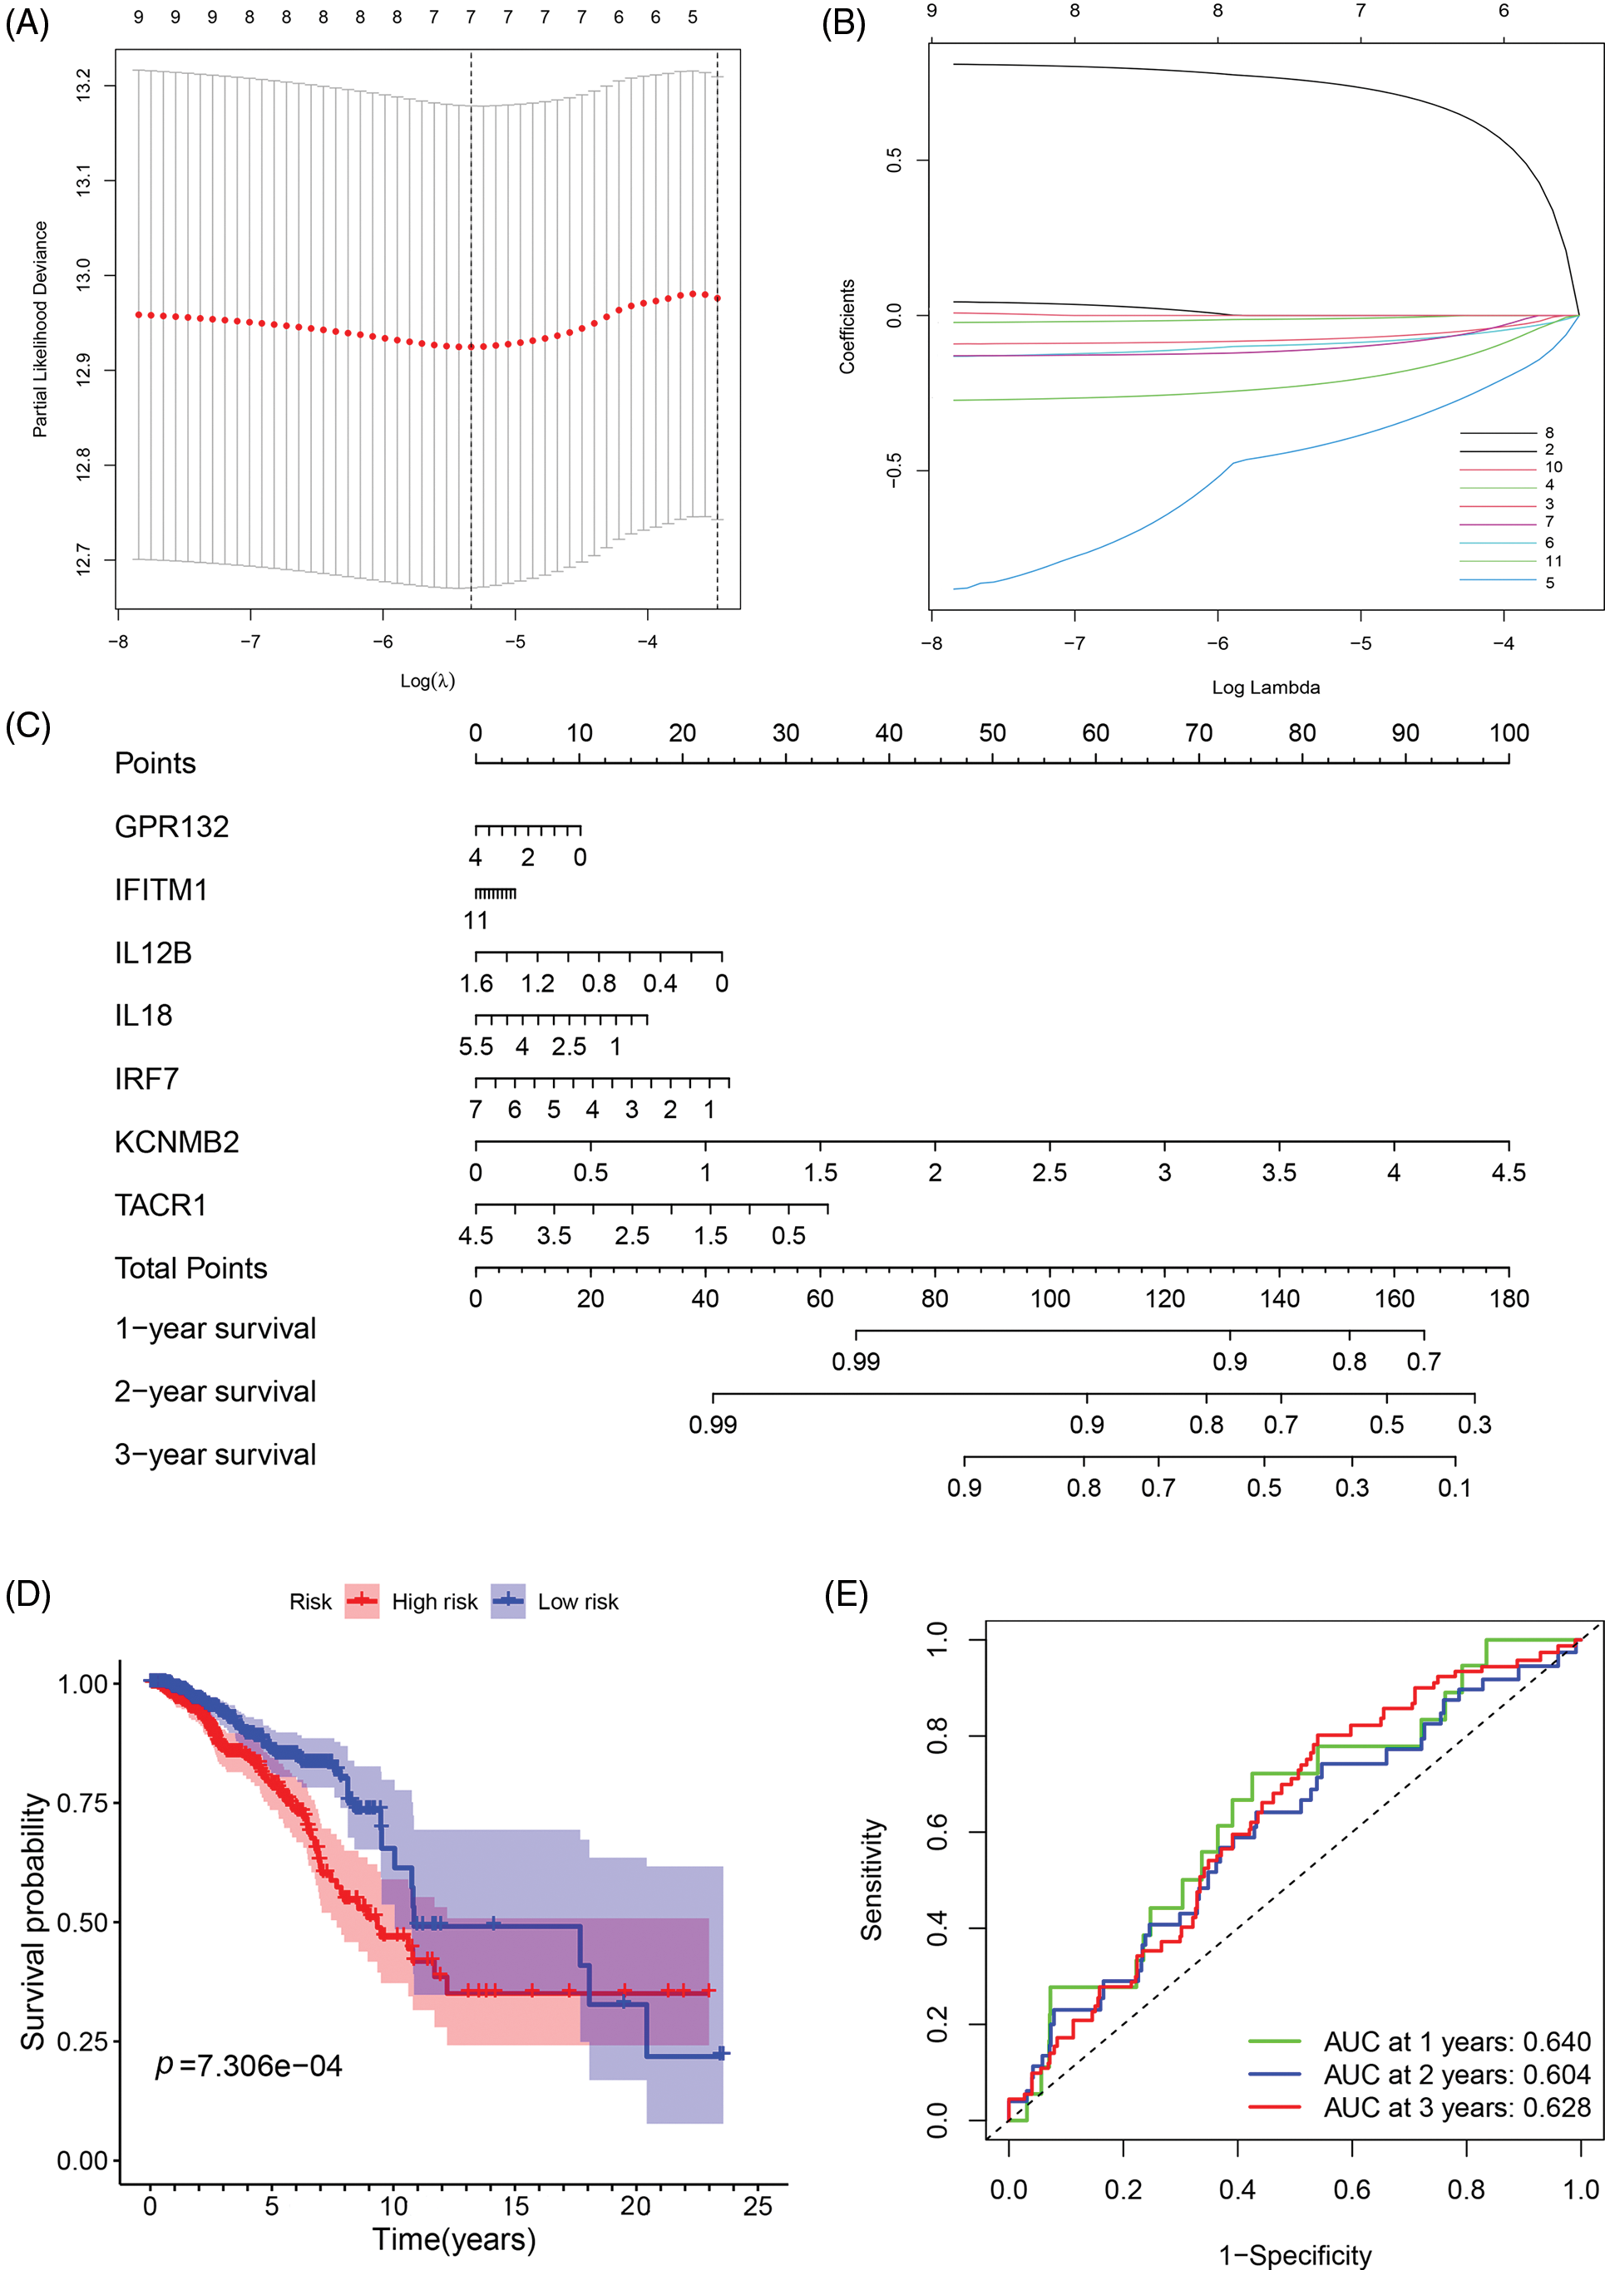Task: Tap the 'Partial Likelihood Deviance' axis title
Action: (x=40, y=328)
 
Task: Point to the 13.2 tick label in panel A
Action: (x=83, y=85)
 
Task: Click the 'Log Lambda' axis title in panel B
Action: (x=1265, y=687)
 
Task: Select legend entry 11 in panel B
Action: (x=1553, y=560)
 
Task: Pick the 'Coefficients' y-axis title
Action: (x=847, y=327)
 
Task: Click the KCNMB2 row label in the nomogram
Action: (x=176, y=1142)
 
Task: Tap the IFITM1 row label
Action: (x=160, y=890)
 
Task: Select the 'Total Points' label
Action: (x=191, y=1268)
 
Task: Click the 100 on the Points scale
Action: (x=1508, y=732)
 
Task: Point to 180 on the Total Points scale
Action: (x=1508, y=1298)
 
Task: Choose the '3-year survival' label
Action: (x=215, y=1455)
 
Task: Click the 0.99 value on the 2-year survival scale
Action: (x=712, y=1425)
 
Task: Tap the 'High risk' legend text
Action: (x=434, y=1602)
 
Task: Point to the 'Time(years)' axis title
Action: (x=453, y=2238)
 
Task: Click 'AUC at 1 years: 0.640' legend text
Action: (x=1457, y=2041)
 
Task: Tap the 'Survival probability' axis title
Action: (x=33, y=1921)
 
